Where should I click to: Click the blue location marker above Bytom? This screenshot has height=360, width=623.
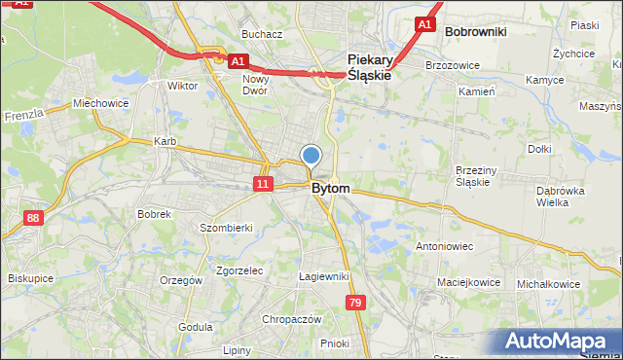[x=311, y=154]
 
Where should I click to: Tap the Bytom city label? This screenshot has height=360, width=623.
[x=331, y=188]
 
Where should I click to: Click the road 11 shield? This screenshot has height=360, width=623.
[x=263, y=184]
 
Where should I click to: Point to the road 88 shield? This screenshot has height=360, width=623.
[x=34, y=219]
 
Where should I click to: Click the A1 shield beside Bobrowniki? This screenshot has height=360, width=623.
[x=424, y=23]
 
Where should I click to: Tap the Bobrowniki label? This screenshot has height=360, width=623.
[x=475, y=31]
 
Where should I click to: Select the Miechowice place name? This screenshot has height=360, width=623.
[x=100, y=103]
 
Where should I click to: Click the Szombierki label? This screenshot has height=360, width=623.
[x=226, y=228]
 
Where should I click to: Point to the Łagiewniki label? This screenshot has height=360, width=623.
[x=323, y=276]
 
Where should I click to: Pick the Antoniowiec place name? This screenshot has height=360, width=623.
[x=444, y=246]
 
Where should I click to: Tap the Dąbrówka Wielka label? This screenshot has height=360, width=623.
[x=561, y=197]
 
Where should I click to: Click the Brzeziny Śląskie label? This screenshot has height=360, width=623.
[x=478, y=175]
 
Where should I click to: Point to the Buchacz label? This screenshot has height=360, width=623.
[x=262, y=34]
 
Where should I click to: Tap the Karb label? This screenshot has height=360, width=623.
[x=165, y=141]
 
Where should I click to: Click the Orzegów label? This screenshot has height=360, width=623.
[x=181, y=280]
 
